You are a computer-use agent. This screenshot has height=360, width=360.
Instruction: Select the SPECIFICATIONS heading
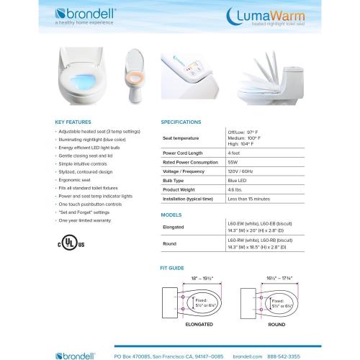pyautogui.click(x=181, y=122)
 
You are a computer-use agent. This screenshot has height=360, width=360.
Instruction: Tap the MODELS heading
pyautogui.click(x=171, y=215)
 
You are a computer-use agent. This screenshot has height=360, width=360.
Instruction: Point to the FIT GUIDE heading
pyautogui.click(x=174, y=267)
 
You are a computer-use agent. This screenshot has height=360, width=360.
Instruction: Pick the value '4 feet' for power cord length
pyautogui.click(x=235, y=153)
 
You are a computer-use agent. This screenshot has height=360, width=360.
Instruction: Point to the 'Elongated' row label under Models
pyautogui.click(x=175, y=228)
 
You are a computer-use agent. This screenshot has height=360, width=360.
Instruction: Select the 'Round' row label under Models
pyautogui.click(x=171, y=244)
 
